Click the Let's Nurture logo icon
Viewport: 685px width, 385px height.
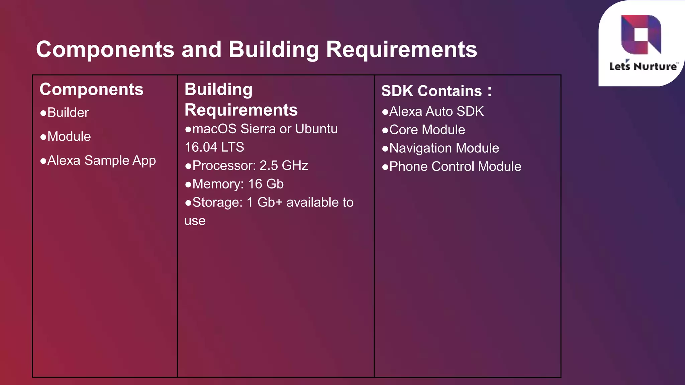coord(641,34)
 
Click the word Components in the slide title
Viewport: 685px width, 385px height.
coord(105,49)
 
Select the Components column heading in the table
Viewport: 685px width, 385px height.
coord(91,90)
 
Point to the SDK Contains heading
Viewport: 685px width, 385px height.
coord(436,91)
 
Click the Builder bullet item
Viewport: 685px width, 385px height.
coord(68,113)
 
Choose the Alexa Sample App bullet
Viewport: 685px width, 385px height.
coord(101,161)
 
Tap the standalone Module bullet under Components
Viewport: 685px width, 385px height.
coord(69,137)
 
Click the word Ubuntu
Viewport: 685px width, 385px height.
coord(316,129)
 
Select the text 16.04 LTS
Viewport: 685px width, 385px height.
coord(214,147)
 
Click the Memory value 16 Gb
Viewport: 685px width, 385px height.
coord(266,184)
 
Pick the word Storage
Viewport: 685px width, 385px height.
coord(217,203)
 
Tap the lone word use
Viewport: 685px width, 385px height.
coord(195,221)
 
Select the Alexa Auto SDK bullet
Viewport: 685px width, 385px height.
coord(436,112)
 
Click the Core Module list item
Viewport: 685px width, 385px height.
coord(427,130)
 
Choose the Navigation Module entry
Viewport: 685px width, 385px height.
coord(444,148)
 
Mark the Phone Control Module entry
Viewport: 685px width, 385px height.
coord(455,167)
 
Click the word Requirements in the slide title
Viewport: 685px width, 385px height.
coord(401,49)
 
